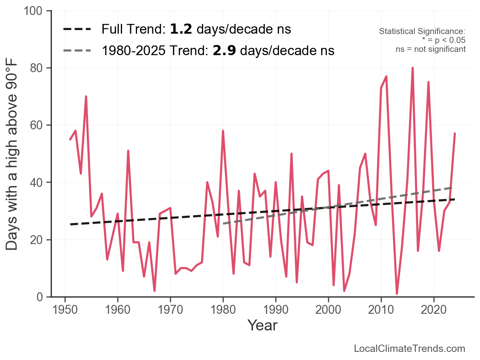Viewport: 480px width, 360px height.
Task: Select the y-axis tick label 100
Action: click(x=35, y=11)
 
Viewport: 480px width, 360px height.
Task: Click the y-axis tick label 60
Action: click(x=38, y=125)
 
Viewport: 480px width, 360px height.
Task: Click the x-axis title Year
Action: click(x=262, y=325)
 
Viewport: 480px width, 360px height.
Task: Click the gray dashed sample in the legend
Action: click(x=79, y=51)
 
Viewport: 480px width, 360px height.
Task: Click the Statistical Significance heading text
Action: click(x=422, y=31)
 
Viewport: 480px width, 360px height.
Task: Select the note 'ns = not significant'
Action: click(x=431, y=49)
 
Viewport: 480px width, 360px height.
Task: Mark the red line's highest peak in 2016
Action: click(x=413, y=68)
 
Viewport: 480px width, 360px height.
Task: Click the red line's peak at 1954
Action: click(x=86, y=96)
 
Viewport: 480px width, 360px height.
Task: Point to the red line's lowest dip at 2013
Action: click(x=397, y=294)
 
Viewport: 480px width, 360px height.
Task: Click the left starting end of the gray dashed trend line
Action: click(x=223, y=224)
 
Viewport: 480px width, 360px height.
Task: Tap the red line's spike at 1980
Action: click(x=223, y=131)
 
